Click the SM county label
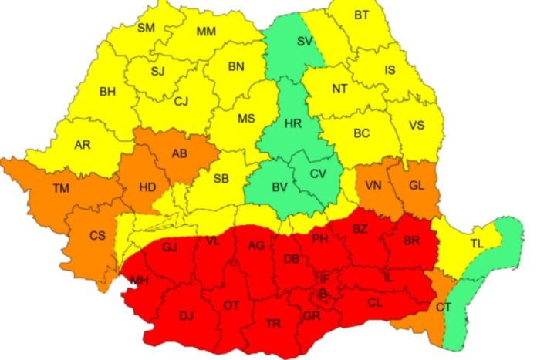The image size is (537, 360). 145,29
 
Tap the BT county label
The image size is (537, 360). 362,15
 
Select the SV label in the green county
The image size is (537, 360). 305,41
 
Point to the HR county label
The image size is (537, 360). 292,123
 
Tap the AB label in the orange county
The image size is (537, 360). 179,153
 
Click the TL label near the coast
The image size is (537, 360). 477,243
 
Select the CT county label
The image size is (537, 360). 444,308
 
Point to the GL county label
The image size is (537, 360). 415,186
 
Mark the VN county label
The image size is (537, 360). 373,186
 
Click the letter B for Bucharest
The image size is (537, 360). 323,294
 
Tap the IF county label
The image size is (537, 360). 325,278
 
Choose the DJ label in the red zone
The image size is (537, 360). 186,315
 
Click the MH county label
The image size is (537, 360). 139,281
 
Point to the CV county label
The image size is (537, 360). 318,173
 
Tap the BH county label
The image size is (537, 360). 107,92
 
